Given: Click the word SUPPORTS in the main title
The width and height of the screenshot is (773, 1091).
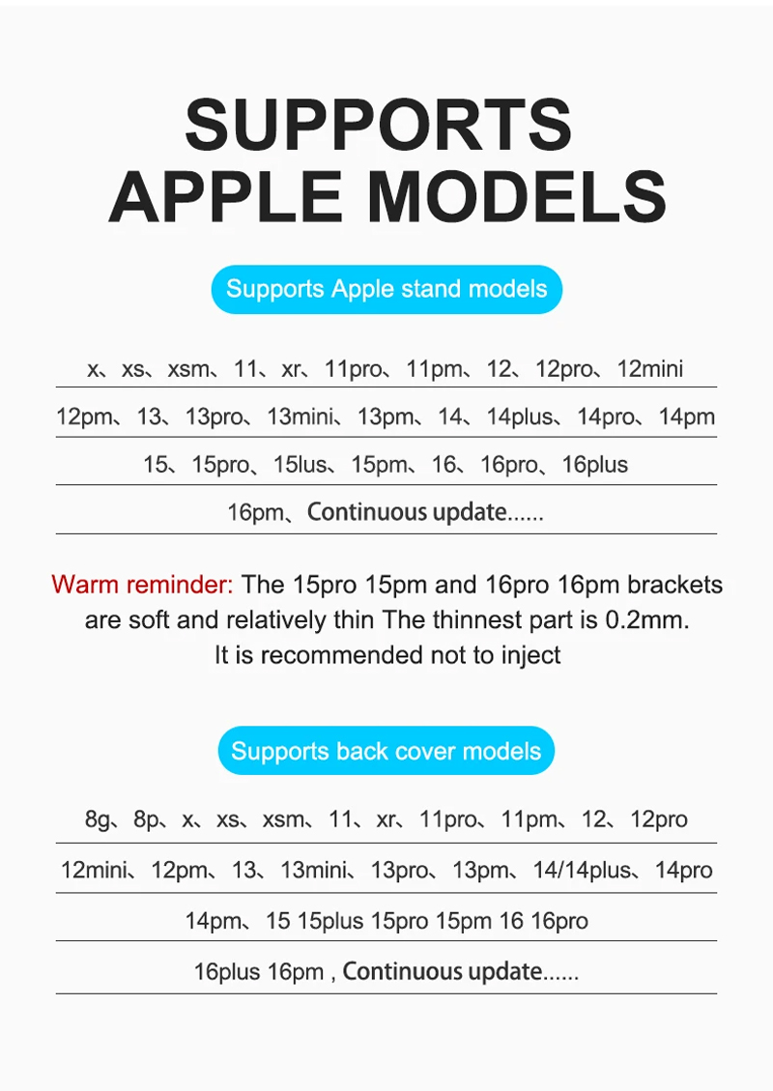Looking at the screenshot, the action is (x=379, y=125).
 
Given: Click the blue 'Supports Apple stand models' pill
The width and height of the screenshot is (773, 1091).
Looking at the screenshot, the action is (x=386, y=289).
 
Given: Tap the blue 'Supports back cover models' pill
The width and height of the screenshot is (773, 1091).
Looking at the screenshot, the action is (x=386, y=751).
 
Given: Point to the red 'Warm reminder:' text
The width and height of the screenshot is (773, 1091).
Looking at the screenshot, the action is (x=142, y=585).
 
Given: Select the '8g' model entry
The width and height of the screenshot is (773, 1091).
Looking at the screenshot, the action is (x=98, y=819).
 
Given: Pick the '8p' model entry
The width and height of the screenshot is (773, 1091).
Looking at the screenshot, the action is (x=146, y=819).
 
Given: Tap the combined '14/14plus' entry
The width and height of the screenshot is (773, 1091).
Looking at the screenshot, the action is (x=582, y=870).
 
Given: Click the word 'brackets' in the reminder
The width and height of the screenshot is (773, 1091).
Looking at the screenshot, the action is (x=674, y=585).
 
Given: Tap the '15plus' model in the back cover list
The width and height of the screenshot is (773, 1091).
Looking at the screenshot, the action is (x=330, y=921).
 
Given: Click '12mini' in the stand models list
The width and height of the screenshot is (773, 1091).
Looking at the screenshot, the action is (x=650, y=368).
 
